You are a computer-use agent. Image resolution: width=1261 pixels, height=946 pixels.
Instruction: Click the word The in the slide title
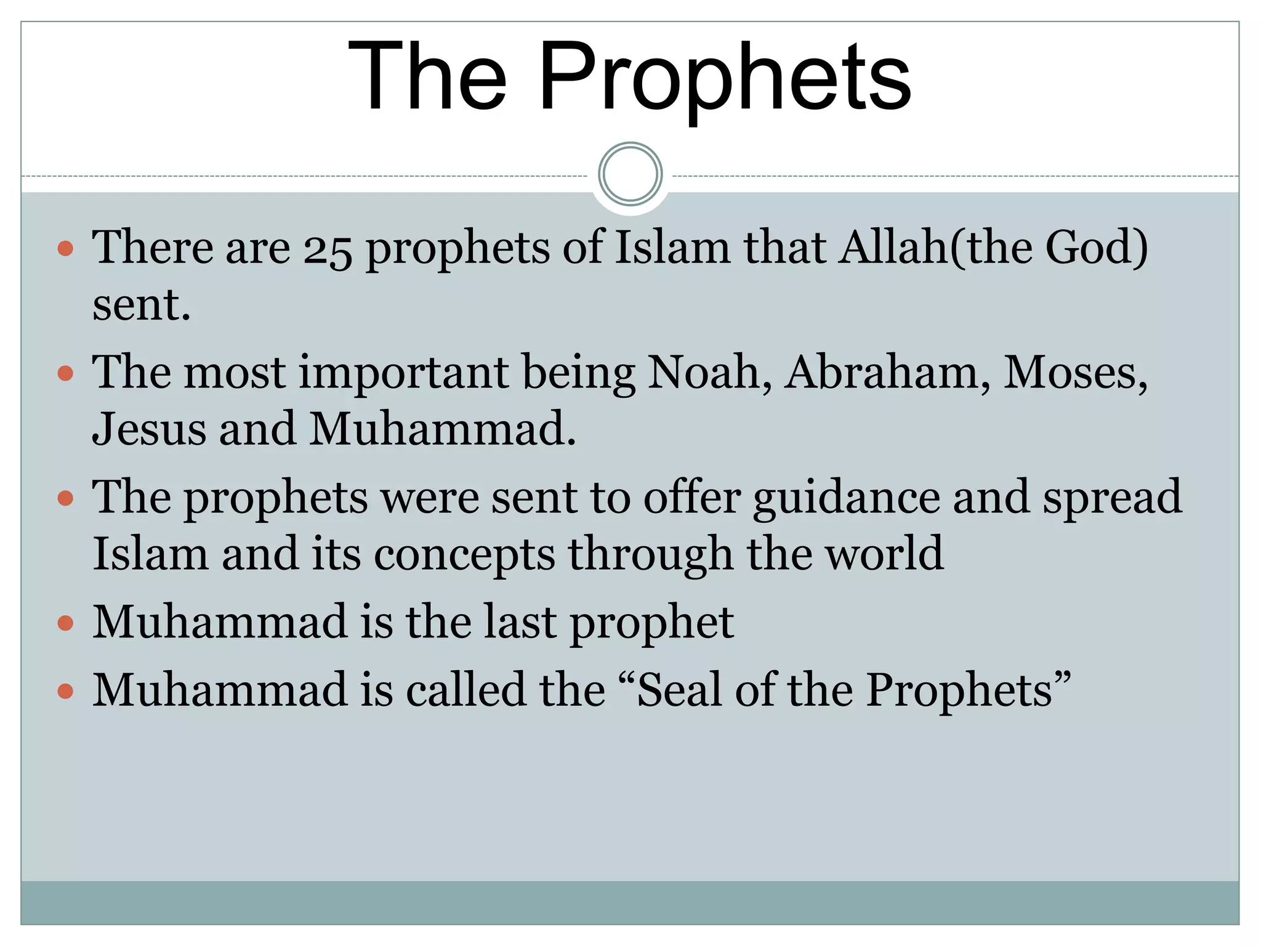tap(427, 77)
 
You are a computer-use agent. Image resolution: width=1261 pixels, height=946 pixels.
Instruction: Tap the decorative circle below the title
tap(630, 174)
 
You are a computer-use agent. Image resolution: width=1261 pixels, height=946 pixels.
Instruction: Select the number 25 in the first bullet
tap(328, 249)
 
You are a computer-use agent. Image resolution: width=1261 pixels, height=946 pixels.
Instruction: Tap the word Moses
tap(1075, 373)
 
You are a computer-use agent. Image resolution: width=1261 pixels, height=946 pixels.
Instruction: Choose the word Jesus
tap(149, 429)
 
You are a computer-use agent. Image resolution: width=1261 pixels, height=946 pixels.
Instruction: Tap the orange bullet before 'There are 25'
tap(65, 249)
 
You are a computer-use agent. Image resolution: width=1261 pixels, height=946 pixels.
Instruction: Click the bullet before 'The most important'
tap(65, 373)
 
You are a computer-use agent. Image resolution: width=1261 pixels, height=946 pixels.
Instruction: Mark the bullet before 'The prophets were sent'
tap(65, 498)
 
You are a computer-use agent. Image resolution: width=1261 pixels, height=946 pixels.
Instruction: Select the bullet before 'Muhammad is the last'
tap(65, 623)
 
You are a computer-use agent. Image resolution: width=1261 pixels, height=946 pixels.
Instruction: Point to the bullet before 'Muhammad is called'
tap(65, 691)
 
